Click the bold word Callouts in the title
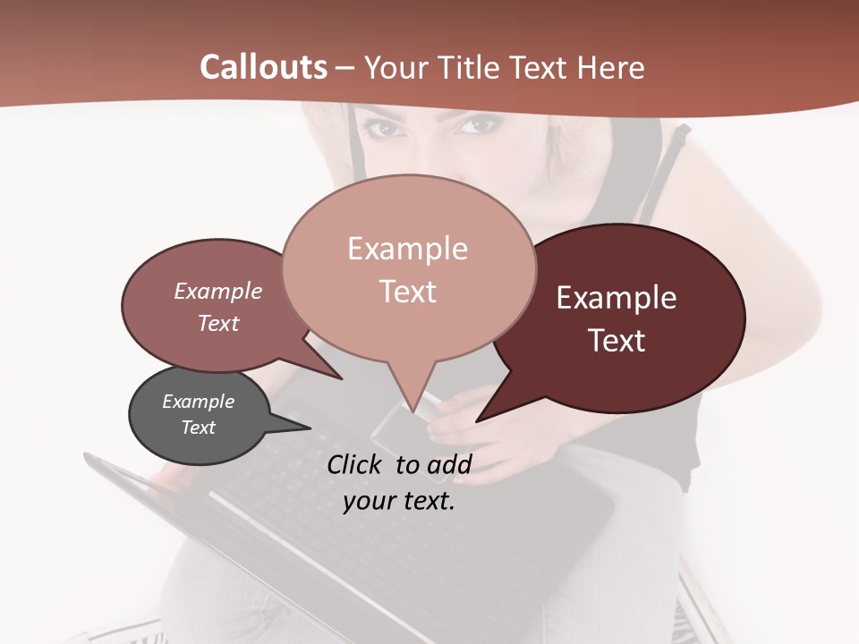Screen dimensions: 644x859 point(263,67)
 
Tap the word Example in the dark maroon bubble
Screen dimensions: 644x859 point(617,298)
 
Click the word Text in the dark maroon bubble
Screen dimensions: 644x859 point(617,340)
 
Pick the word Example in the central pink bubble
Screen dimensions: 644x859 point(407,249)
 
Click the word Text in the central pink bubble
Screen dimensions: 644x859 point(407,291)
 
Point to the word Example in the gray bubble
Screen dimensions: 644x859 point(198,402)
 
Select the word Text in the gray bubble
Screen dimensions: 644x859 point(198,428)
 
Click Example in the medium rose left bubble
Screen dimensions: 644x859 point(217,291)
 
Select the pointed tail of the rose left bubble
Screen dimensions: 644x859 point(336,375)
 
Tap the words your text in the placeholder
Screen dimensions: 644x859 point(399,501)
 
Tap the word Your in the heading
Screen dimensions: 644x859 point(395,67)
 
